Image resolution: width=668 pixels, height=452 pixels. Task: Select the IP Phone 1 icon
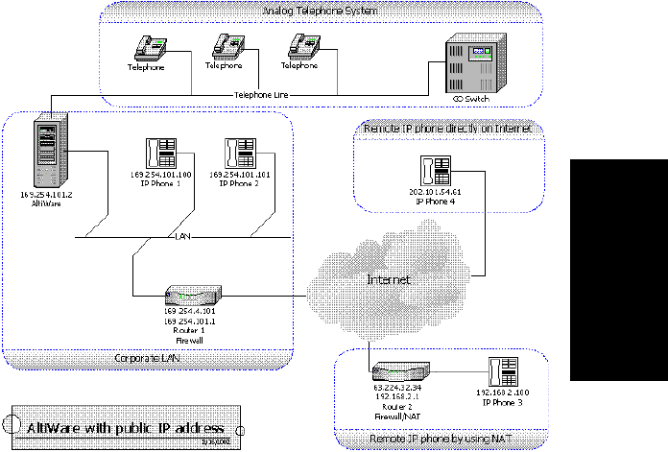click(159, 154)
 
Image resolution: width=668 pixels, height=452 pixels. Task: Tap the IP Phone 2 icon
click(239, 154)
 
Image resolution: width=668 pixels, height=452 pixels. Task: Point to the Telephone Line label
click(261, 96)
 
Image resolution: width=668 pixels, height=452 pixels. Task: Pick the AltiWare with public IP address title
click(125, 426)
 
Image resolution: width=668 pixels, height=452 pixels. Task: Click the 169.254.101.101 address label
click(240, 175)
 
